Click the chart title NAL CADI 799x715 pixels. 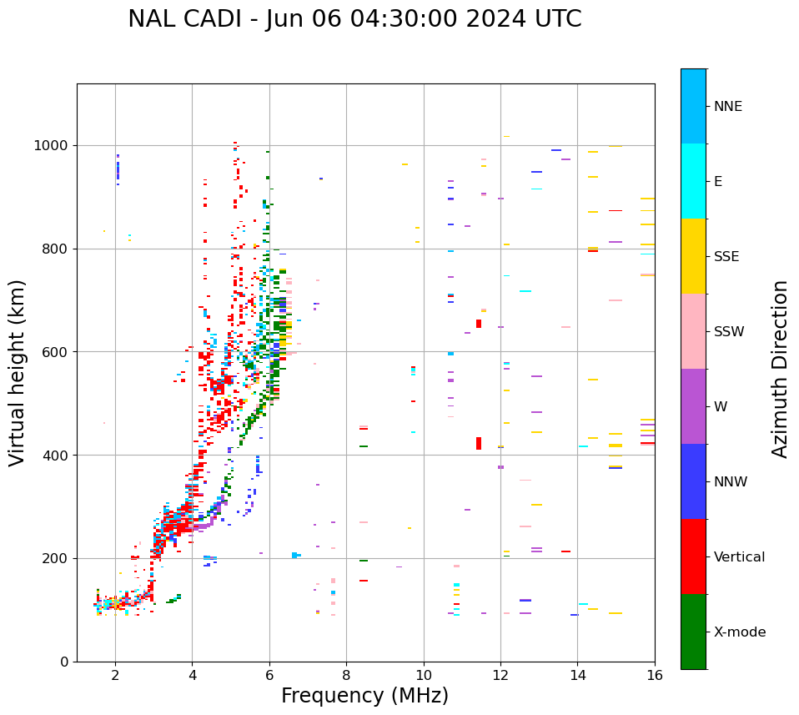(354, 19)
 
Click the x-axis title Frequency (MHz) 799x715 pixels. (364, 696)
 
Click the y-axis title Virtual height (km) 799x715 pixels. (18, 372)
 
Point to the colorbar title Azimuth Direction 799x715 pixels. (780, 368)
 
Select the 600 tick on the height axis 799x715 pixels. (57, 352)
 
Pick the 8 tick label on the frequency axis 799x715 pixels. (346, 676)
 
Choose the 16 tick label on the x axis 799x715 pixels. (655, 676)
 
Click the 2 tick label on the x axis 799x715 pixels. (115, 676)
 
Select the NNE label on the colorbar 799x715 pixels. (727, 107)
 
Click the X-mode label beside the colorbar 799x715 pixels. (739, 632)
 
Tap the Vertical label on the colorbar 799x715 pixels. (739, 557)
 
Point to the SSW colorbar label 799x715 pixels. (729, 332)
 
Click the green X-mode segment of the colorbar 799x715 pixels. (693, 632)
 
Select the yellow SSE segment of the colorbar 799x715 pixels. (693, 256)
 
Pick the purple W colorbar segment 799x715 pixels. (693, 406)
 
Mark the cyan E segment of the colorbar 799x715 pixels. (693, 181)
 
